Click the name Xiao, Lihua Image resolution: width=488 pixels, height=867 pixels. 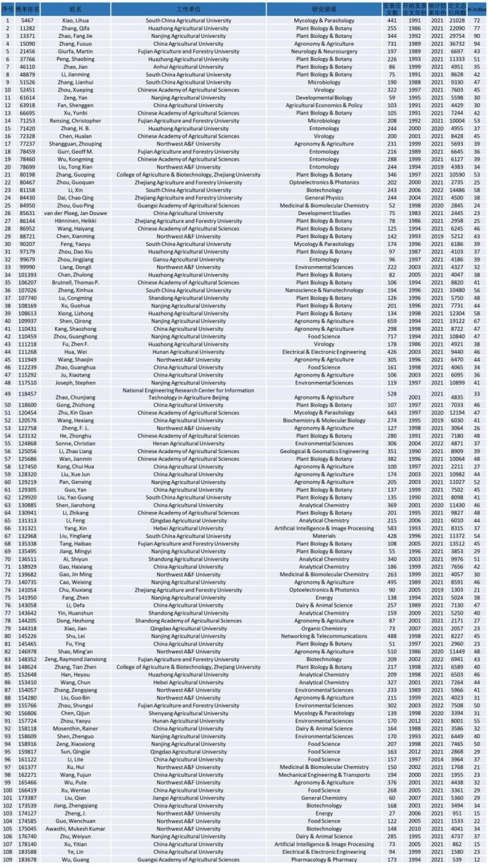[75, 21]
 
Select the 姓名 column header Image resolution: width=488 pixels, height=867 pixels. [75, 10]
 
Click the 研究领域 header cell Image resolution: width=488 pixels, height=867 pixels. [324, 10]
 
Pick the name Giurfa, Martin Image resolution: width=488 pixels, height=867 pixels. [75, 50]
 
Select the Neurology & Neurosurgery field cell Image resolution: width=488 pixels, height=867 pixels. [324, 50]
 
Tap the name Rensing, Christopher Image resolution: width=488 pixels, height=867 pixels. [75, 121]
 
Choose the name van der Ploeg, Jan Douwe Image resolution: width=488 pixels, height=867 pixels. [75, 213]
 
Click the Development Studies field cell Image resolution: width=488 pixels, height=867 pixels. [324, 213]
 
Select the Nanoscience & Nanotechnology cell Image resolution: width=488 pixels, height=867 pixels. [324, 290]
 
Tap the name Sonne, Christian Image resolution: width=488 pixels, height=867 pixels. [75, 443]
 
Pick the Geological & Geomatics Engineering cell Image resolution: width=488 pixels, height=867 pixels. [324, 451]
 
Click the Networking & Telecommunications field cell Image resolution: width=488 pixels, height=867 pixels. [324, 636]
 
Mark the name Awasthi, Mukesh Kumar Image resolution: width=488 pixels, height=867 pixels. [75, 828]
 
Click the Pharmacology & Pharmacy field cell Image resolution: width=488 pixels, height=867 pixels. [324, 860]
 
